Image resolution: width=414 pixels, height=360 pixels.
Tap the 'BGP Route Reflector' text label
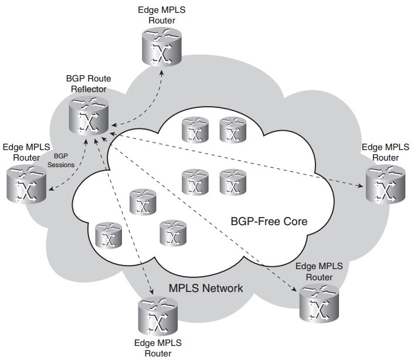89,83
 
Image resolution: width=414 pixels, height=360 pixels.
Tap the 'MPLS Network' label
206,288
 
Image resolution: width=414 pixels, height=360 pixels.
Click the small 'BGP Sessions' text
65,161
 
